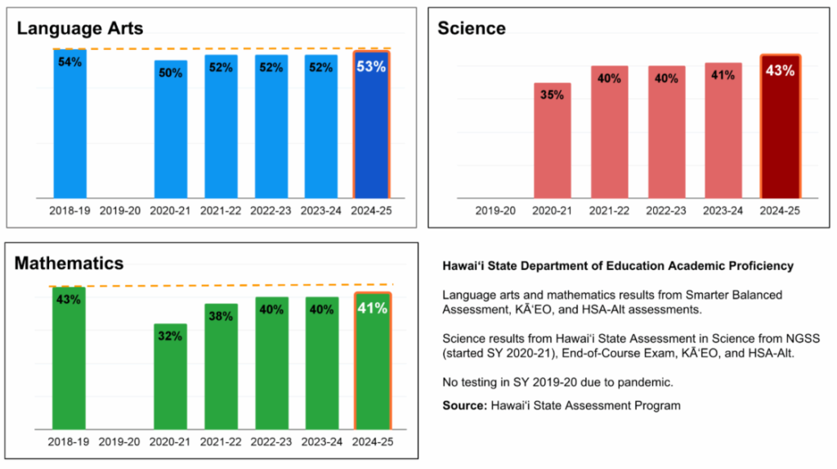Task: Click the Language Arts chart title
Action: tap(80, 29)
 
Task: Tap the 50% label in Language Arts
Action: tap(170, 73)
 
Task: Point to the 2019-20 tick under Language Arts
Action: tap(120, 210)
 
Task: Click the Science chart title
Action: tap(472, 29)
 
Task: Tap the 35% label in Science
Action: tap(552, 95)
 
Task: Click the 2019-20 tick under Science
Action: tap(495, 210)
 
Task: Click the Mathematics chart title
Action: tap(69, 263)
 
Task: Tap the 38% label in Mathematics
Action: tap(221, 316)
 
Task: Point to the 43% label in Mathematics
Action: tap(69, 300)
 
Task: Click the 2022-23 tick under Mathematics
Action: tap(271, 442)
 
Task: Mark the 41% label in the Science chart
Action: tap(723, 74)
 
